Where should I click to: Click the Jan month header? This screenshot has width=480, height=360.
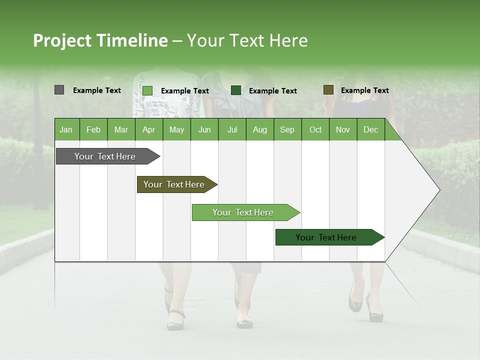[66, 129]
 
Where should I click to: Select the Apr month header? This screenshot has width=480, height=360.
[148, 129]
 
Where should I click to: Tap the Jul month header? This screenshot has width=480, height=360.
[232, 129]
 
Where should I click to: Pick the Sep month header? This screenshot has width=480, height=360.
[287, 129]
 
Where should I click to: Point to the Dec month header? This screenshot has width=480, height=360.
[370, 129]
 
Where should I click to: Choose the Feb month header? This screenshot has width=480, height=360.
[93, 129]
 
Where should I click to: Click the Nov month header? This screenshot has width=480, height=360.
[342, 129]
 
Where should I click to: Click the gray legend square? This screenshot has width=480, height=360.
[59, 90]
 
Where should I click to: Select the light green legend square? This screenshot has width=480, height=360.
[147, 90]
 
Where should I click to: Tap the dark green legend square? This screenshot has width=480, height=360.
[236, 90]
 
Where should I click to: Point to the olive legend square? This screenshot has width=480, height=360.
[328, 90]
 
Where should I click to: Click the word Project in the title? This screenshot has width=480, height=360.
[62, 40]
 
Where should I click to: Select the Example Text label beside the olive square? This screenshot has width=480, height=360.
[364, 90]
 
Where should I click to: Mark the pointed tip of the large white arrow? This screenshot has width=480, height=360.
[439, 189]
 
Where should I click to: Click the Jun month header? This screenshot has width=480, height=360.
[204, 129]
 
